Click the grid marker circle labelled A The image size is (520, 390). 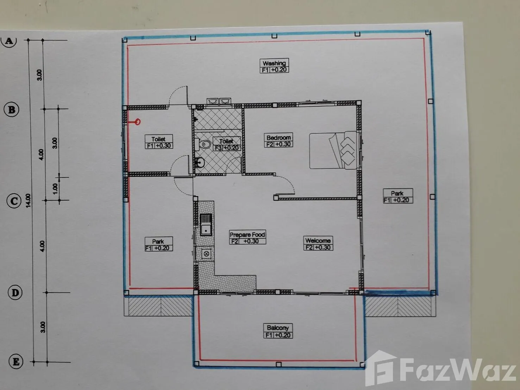(x=9, y=41)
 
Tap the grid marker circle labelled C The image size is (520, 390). (x=14, y=201)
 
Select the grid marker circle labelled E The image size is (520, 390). (x=16, y=362)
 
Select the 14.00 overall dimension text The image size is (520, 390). (x=28, y=201)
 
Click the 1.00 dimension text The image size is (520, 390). (x=55, y=189)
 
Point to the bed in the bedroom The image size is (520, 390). (x=333, y=150)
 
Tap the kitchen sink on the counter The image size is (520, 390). (x=206, y=225)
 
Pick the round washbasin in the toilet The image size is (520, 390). (x=200, y=162)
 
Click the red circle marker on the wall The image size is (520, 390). (x=137, y=122)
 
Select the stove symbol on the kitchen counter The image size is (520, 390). (x=206, y=254)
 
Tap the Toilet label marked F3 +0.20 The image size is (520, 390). (x=226, y=144)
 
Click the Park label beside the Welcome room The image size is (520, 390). (x=398, y=196)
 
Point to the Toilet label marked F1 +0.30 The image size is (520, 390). (x=159, y=142)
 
